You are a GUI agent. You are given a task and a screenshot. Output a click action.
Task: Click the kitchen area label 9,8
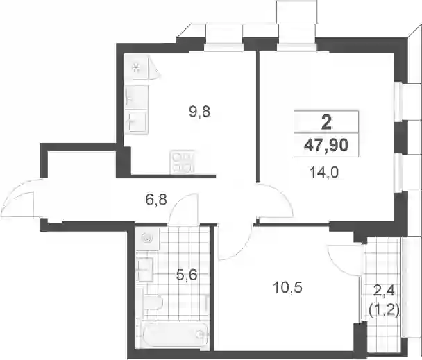[x=199, y=112]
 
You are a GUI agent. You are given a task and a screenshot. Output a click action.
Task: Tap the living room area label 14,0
[x=323, y=173]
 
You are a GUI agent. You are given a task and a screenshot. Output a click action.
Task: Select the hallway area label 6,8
[x=156, y=200]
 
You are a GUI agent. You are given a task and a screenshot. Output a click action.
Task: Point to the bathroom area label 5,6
[x=187, y=275]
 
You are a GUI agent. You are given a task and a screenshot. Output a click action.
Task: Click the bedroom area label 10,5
[x=288, y=287]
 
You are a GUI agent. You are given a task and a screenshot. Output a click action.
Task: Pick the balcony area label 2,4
[x=384, y=291]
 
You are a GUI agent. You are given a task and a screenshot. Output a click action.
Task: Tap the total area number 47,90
[x=326, y=146]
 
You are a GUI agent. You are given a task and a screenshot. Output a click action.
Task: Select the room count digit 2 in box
[x=326, y=123]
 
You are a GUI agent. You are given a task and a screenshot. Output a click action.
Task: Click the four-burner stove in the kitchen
[x=182, y=162]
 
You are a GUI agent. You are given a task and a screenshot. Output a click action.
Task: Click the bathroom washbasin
[x=145, y=269]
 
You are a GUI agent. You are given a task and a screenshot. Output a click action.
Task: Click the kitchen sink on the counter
[x=137, y=122]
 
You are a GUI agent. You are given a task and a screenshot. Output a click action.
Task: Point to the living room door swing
[x=275, y=200]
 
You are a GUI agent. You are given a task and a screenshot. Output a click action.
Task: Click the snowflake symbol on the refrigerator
[x=136, y=67]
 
